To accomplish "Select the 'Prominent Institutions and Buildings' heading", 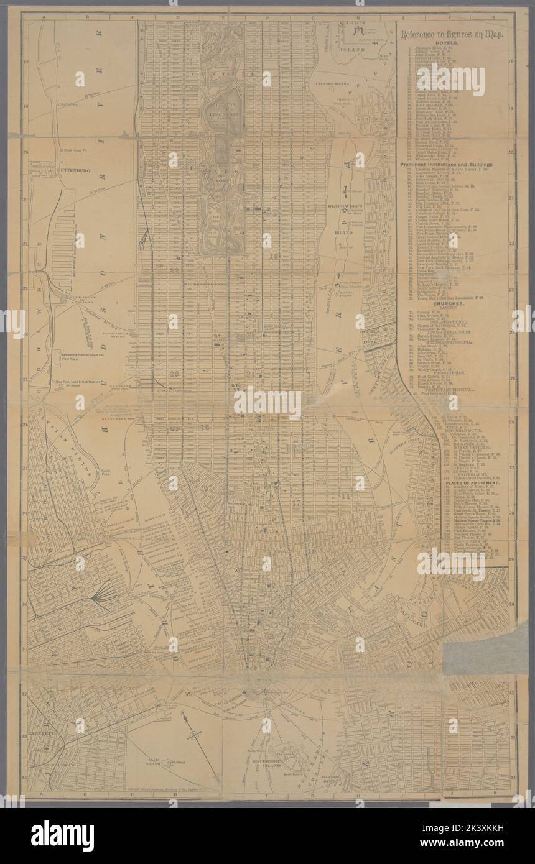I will [447, 165].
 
